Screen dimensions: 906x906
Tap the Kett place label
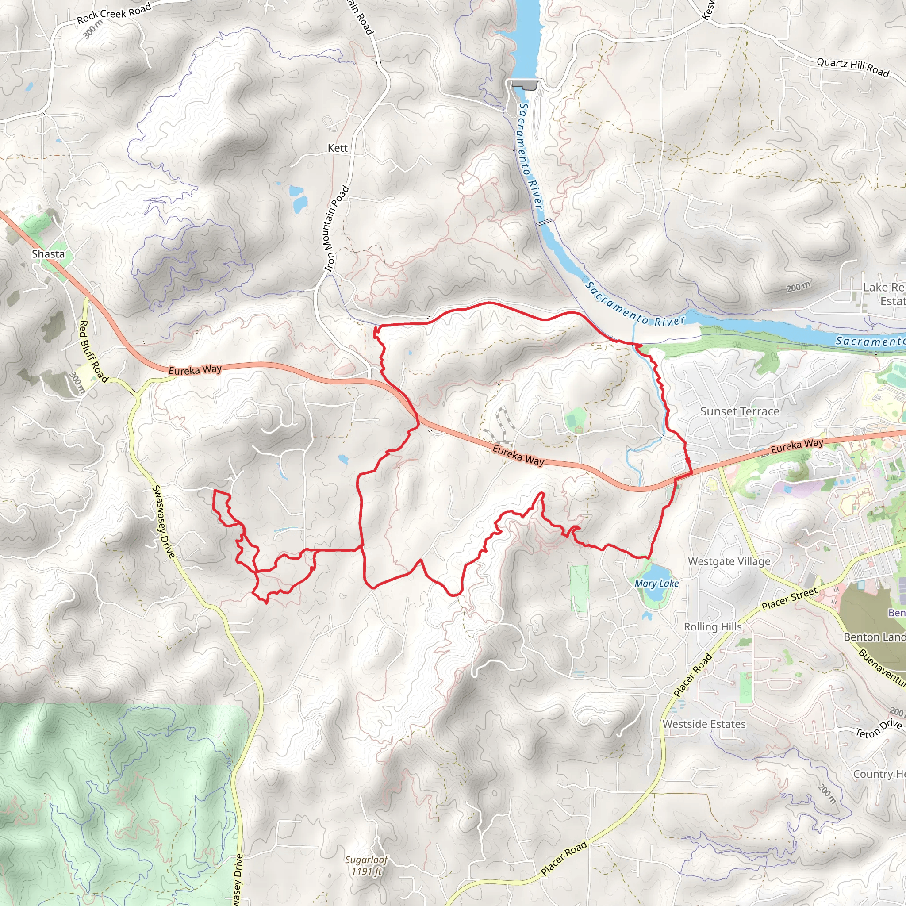point(338,148)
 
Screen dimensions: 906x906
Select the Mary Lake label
point(656,584)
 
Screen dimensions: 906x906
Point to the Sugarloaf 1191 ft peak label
point(367,866)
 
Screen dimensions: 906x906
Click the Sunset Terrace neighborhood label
point(740,411)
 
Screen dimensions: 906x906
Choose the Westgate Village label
point(729,561)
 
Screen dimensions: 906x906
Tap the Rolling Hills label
point(713,626)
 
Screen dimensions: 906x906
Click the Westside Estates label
point(704,724)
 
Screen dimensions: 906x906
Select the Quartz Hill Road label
point(852,67)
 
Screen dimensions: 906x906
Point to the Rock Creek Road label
point(114,13)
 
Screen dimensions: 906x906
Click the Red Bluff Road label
point(93,351)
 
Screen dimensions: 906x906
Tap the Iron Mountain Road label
point(337,228)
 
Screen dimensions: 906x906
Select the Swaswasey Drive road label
point(163,522)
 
